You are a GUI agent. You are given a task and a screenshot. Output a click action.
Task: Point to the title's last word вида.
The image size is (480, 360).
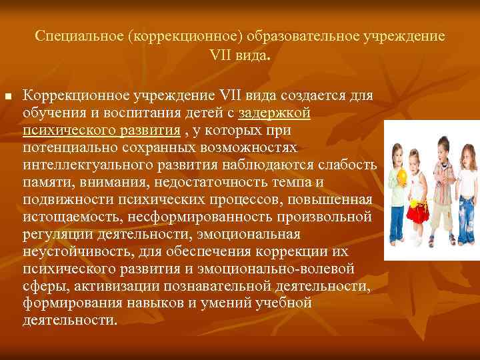click(251, 55)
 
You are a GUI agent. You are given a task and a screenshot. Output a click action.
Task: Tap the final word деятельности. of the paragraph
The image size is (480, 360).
click(69, 320)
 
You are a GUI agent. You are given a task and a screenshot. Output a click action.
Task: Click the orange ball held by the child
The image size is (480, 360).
click(402, 176)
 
